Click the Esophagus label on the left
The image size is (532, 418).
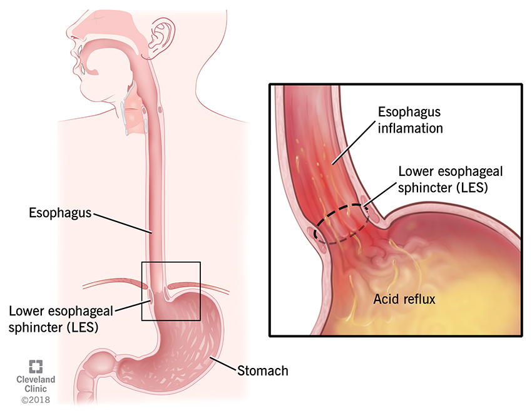(60, 213)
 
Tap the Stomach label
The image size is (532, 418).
(263, 370)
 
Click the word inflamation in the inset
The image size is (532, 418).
(410, 129)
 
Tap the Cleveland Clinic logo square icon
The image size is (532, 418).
(36, 367)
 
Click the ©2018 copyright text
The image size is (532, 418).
(36, 399)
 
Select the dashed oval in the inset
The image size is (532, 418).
(341, 224)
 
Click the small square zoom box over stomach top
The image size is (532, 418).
(171, 291)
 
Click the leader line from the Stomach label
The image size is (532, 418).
(222, 364)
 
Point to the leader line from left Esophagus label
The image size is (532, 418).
(121, 223)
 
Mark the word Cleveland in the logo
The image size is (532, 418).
(36, 380)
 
